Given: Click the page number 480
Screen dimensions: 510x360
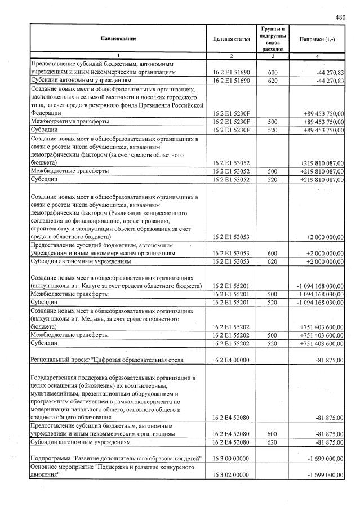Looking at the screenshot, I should (340, 17).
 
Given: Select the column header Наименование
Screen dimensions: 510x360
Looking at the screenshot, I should (118, 39).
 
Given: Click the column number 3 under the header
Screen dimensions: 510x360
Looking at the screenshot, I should (273, 56).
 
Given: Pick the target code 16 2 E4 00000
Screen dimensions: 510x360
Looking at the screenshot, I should (231, 360).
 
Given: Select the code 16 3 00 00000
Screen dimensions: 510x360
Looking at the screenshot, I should (231, 460).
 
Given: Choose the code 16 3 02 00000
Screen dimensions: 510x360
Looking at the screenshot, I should (231, 476).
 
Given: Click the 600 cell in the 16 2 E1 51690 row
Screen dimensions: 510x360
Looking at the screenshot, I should (273, 73).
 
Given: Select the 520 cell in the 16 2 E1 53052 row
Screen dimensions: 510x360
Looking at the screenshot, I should (273, 179).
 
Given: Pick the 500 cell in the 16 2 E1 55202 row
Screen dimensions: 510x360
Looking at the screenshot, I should (273, 334).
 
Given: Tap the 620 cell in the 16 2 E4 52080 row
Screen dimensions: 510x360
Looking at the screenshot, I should (273, 442).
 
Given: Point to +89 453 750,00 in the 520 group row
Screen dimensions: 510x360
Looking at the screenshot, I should (323, 130).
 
